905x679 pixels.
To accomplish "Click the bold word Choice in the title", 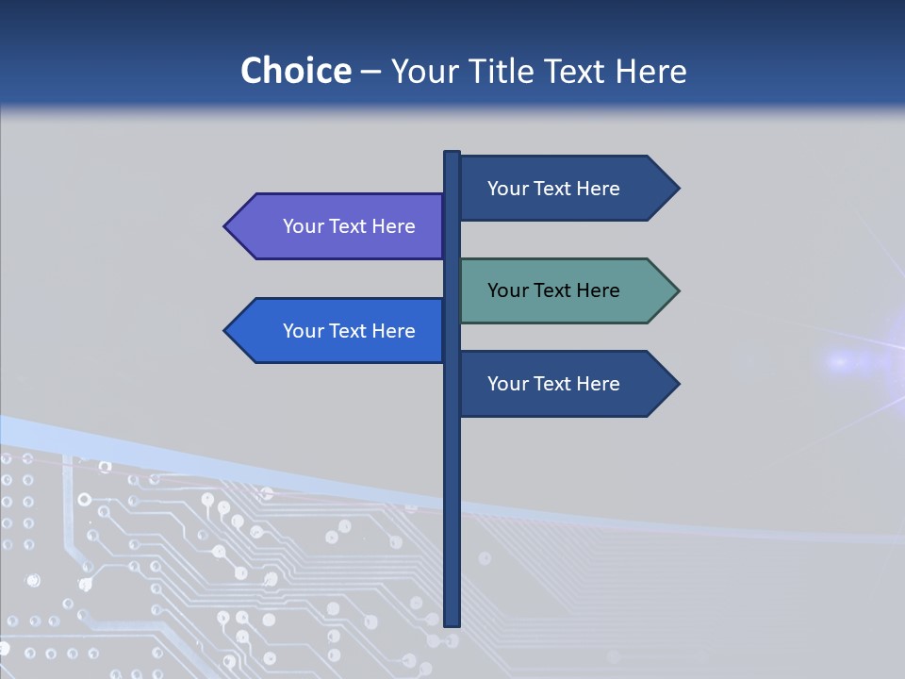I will pos(295,71).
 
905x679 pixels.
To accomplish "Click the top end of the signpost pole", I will pos(452,154).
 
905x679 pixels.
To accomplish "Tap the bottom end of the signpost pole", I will pos(452,623).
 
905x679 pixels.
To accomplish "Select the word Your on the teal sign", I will pos(506,290).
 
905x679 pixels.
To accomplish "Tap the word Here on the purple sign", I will pos(394,226).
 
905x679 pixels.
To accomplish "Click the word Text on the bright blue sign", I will pos(349,331).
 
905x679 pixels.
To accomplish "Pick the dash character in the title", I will pos(370,72).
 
